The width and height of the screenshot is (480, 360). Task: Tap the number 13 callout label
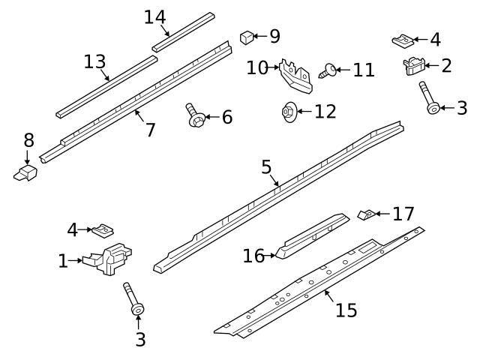94,61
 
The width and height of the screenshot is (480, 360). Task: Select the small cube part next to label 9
245,36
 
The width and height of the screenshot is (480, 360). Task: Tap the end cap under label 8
25,173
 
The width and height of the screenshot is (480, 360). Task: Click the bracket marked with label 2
412,67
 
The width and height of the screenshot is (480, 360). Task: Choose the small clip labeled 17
365,216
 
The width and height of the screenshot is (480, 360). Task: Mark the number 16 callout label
254,256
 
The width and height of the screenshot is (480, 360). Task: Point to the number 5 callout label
266,167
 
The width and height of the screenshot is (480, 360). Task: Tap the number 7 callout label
150,130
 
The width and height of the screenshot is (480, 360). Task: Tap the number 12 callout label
325,112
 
